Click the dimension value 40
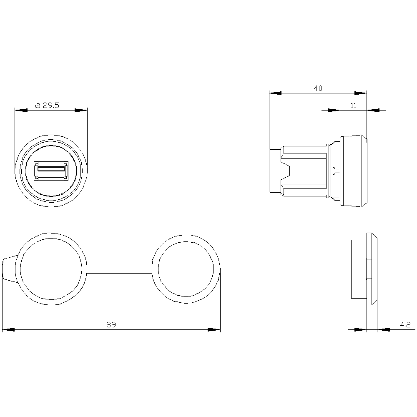click(x=318, y=88)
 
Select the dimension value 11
click(x=353, y=106)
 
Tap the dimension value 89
click(x=111, y=325)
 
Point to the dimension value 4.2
click(x=405, y=324)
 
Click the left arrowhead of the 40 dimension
click(x=276, y=93)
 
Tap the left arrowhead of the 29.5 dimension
click(x=21, y=111)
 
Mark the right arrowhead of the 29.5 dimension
click(x=81, y=111)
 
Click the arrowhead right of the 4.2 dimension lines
click(x=384, y=329)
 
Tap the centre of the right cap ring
click(x=186, y=269)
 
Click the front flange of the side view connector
click(x=354, y=171)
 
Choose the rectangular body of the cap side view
click(x=358, y=269)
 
